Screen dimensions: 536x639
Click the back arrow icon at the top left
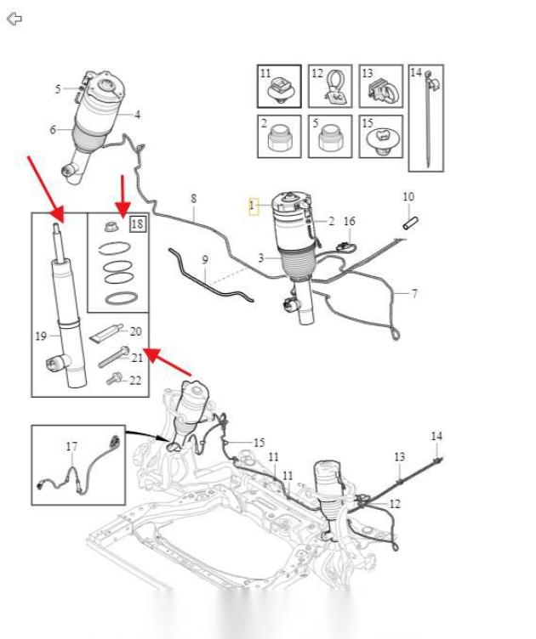point(14,19)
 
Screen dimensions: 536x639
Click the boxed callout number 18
point(138,223)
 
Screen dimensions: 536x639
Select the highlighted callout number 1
point(254,206)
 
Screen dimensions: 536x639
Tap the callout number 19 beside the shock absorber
point(41,336)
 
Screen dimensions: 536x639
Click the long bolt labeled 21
point(114,357)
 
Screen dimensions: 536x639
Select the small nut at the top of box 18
point(111,226)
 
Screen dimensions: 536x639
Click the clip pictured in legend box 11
point(279,91)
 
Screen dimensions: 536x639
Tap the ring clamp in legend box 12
point(334,87)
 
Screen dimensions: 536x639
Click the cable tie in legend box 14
point(428,118)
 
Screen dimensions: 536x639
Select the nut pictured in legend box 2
point(280,139)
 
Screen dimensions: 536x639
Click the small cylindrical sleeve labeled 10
point(411,223)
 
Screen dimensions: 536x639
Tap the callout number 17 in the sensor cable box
point(71,447)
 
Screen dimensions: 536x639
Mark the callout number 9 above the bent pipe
point(205,260)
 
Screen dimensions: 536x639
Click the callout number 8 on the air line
point(193,199)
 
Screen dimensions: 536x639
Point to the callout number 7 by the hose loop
point(414,293)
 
